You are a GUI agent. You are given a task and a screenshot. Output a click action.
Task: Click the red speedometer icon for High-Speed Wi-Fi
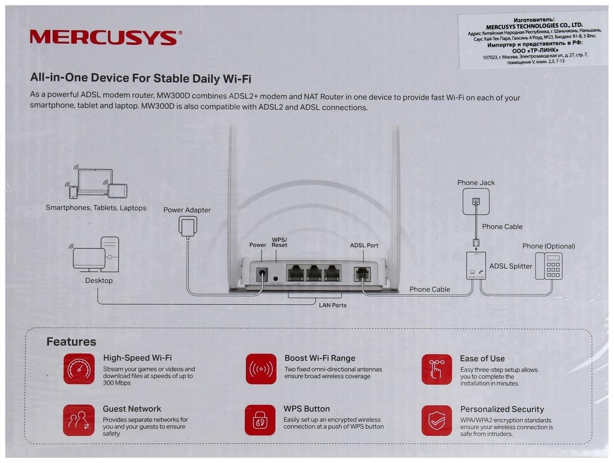(x=79, y=369)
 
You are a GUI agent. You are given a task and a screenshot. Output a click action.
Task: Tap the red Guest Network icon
(x=79, y=420)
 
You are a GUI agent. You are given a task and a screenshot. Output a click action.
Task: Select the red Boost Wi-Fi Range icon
(x=261, y=369)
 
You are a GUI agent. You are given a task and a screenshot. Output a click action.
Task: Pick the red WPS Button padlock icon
(x=260, y=420)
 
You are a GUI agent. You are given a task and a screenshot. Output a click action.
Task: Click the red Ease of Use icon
(x=437, y=369)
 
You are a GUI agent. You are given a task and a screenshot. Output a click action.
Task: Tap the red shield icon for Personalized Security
(x=437, y=420)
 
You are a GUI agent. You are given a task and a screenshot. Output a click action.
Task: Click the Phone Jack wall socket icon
(x=476, y=201)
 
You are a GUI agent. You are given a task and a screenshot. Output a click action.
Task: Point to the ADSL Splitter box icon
(x=476, y=266)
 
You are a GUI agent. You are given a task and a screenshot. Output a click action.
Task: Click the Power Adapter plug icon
(x=188, y=226)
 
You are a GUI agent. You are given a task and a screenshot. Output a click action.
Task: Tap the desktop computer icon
(x=96, y=256)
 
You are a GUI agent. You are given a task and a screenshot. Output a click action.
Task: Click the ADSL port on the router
(x=362, y=274)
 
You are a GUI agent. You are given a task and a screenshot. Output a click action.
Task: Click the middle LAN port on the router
(x=314, y=274)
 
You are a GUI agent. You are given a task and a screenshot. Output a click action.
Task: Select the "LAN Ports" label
(x=332, y=305)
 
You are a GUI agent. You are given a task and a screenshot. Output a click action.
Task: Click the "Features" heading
(x=71, y=342)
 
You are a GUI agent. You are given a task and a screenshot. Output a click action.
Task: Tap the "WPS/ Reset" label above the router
(x=279, y=242)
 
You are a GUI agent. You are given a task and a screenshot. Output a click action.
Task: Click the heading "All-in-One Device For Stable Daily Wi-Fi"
(x=140, y=78)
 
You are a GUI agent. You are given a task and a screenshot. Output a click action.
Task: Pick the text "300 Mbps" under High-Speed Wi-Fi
(x=117, y=383)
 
